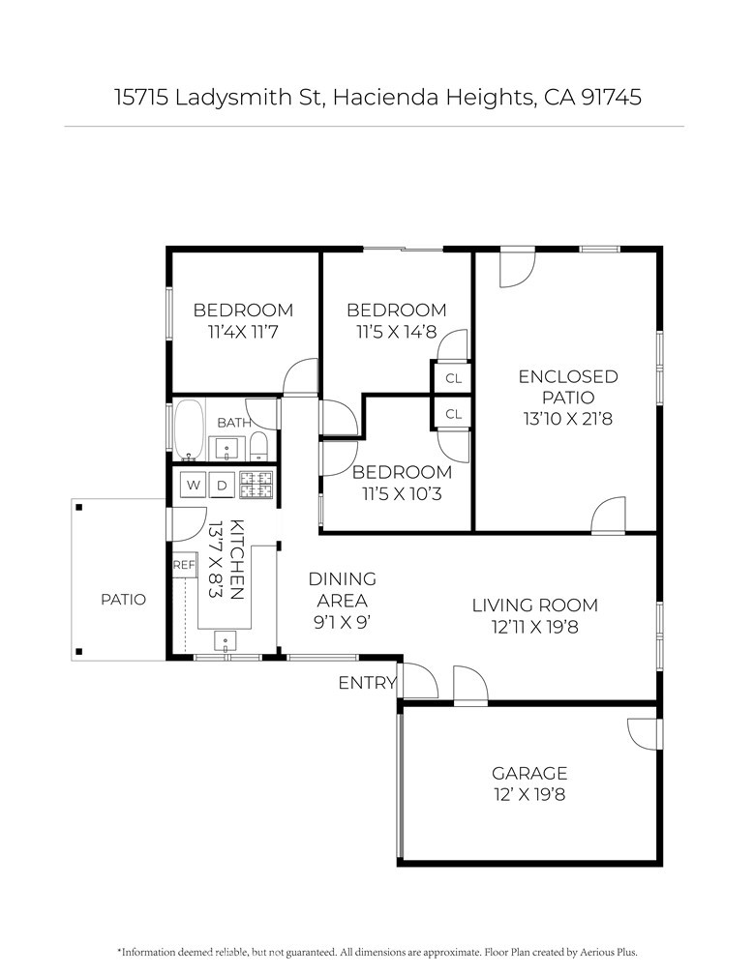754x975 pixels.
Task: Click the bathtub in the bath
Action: (189, 429)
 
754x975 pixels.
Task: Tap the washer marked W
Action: (193, 485)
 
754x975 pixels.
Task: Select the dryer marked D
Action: (222, 485)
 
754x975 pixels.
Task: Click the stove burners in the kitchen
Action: (256, 485)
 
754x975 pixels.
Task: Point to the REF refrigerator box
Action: (184, 565)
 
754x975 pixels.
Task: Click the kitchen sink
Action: (225, 640)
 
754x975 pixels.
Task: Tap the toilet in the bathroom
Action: (258, 447)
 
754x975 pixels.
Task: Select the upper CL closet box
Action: (453, 378)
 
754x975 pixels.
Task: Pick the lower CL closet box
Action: (453, 414)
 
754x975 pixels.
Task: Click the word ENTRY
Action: (367, 683)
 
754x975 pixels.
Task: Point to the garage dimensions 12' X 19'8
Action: (529, 795)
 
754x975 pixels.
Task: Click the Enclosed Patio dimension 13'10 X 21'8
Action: (568, 419)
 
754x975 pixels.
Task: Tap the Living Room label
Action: (535, 606)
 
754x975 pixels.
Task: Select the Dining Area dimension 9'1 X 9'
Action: (343, 622)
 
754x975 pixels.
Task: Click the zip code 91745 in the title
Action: (611, 97)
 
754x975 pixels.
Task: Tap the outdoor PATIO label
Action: (123, 600)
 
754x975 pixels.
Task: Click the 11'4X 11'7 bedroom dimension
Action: (243, 332)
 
